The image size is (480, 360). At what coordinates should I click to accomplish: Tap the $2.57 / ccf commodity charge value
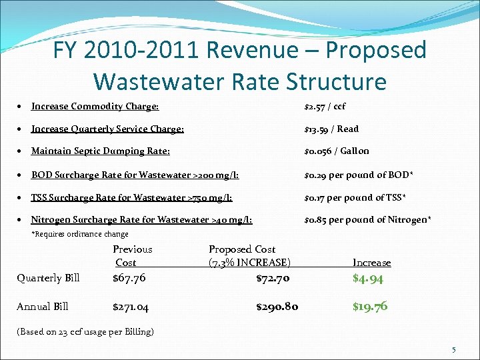[325, 106]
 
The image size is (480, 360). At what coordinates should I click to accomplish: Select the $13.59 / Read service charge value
[331, 129]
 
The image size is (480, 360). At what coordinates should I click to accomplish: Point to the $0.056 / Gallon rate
[337, 151]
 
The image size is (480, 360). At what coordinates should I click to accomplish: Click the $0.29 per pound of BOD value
[359, 175]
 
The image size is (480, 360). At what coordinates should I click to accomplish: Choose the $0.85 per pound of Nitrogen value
[367, 219]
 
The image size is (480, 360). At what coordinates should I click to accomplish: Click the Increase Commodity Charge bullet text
[95, 106]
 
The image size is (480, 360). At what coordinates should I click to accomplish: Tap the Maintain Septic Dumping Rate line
[100, 151]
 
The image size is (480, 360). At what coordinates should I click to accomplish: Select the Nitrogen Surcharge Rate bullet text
[141, 219]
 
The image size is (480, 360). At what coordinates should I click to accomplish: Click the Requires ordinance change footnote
[80, 234]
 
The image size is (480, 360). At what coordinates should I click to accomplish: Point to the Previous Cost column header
[132, 256]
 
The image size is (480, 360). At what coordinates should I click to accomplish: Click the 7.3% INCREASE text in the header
[249, 263]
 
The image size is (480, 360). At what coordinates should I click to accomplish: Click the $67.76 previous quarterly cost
[129, 278]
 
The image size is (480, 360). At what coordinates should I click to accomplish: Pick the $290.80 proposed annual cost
[277, 307]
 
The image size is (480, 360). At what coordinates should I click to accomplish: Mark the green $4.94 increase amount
[367, 279]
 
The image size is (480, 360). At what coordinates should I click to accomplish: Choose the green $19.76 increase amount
[370, 307]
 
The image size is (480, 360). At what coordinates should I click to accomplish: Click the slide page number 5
[453, 350]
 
